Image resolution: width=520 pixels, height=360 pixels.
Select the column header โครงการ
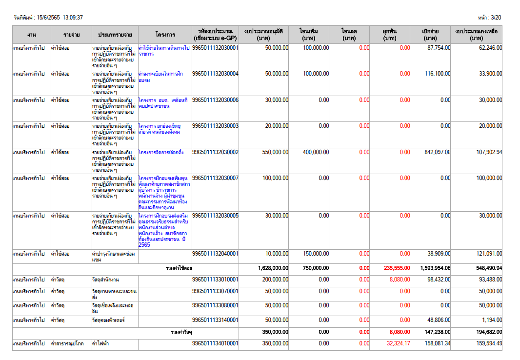point(165,35)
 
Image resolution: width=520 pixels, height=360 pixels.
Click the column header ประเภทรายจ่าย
point(115,35)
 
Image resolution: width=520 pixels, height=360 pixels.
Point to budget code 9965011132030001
point(215,48)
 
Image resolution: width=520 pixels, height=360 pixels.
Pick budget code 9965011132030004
point(215,74)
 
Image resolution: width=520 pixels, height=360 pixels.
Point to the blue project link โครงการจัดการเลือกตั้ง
point(161,152)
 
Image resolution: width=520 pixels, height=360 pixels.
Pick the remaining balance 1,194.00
point(492,320)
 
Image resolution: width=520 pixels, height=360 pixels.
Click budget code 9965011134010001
point(215,343)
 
